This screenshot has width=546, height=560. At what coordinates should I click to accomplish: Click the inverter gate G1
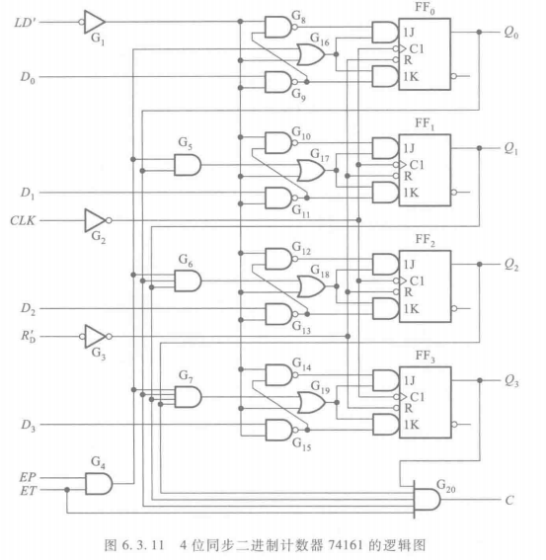pyautogui.click(x=94, y=21)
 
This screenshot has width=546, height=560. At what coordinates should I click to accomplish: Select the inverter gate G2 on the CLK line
pyautogui.click(x=96, y=218)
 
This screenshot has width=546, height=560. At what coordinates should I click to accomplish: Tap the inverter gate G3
pyautogui.click(x=96, y=336)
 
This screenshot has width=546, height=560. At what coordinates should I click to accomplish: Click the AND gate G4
pyautogui.click(x=99, y=482)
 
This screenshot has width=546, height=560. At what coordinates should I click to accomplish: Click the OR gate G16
pyautogui.click(x=309, y=57)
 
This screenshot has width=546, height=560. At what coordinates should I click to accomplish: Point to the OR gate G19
pyautogui.click(x=309, y=402)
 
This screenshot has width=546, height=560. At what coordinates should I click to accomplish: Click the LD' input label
pyautogui.click(x=24, y=21)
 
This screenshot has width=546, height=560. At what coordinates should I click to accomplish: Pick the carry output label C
pyautogui.click(x=509, y=500)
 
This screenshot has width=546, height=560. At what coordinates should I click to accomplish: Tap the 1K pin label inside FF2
pyautogui.click(x=410, y=308)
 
